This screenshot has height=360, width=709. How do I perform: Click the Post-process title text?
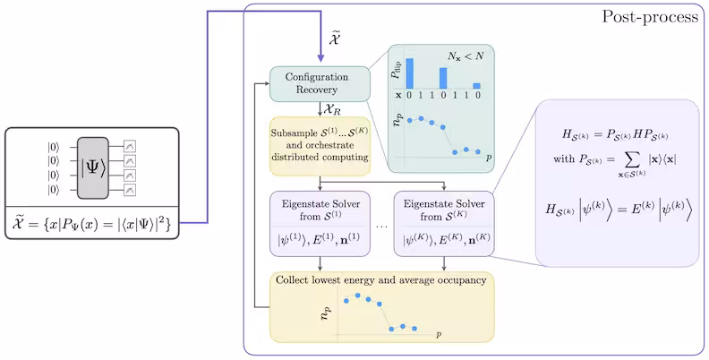coord(650,17)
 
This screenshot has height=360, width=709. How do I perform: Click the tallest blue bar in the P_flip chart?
coord(410,73)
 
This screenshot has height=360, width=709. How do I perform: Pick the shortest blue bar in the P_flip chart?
coord(477,86)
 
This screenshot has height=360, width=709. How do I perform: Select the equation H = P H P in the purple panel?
coord(614,134)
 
